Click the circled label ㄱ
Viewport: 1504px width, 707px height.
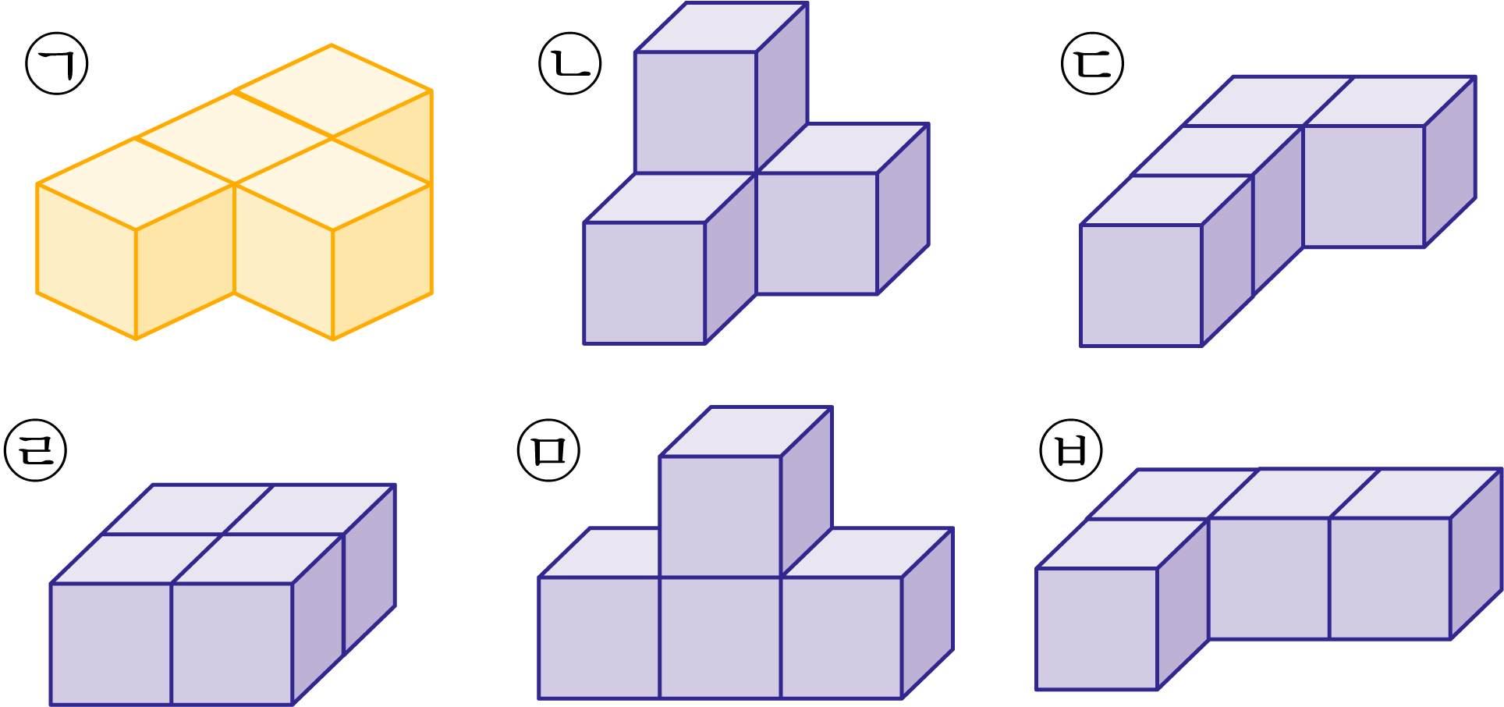click(x=57, y=63)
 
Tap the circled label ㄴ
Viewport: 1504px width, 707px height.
click(x=570, y=63)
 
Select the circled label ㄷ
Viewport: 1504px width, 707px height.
click(x=1093, y=63)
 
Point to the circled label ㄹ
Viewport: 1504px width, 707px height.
click(x=36, y=450)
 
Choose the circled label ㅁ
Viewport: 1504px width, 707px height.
click(x=549, y=450)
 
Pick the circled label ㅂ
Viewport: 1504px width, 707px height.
click(x=1072, y=450)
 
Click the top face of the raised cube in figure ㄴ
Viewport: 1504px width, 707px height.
click(x=722, y=27)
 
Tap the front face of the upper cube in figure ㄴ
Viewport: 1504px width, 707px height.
click(x=696, y=112)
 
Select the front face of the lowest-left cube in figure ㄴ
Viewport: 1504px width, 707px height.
click(x=644, y=283)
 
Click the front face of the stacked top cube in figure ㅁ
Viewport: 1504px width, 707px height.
click(x=720, y=517)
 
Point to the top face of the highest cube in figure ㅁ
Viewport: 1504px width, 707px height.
click(x=746, y=432)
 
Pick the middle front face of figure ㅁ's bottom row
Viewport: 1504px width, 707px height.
click(x=720, y=638)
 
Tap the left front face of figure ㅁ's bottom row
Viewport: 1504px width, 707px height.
click(x=599, y=638)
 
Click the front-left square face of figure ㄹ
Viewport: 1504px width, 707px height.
click(x=111, y=644)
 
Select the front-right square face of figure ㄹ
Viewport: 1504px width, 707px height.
click(x=232, y=644)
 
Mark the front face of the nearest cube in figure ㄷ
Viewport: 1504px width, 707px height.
click(x=1141, y=286)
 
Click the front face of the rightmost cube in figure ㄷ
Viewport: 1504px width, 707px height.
click(x=1364, y=187)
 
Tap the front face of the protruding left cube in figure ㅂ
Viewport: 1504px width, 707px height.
click(x=1097, y=629)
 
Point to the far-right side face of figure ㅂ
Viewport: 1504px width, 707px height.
click(x=1477, y=554)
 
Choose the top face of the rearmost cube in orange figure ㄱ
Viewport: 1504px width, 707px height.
click(x=332, y=91)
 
